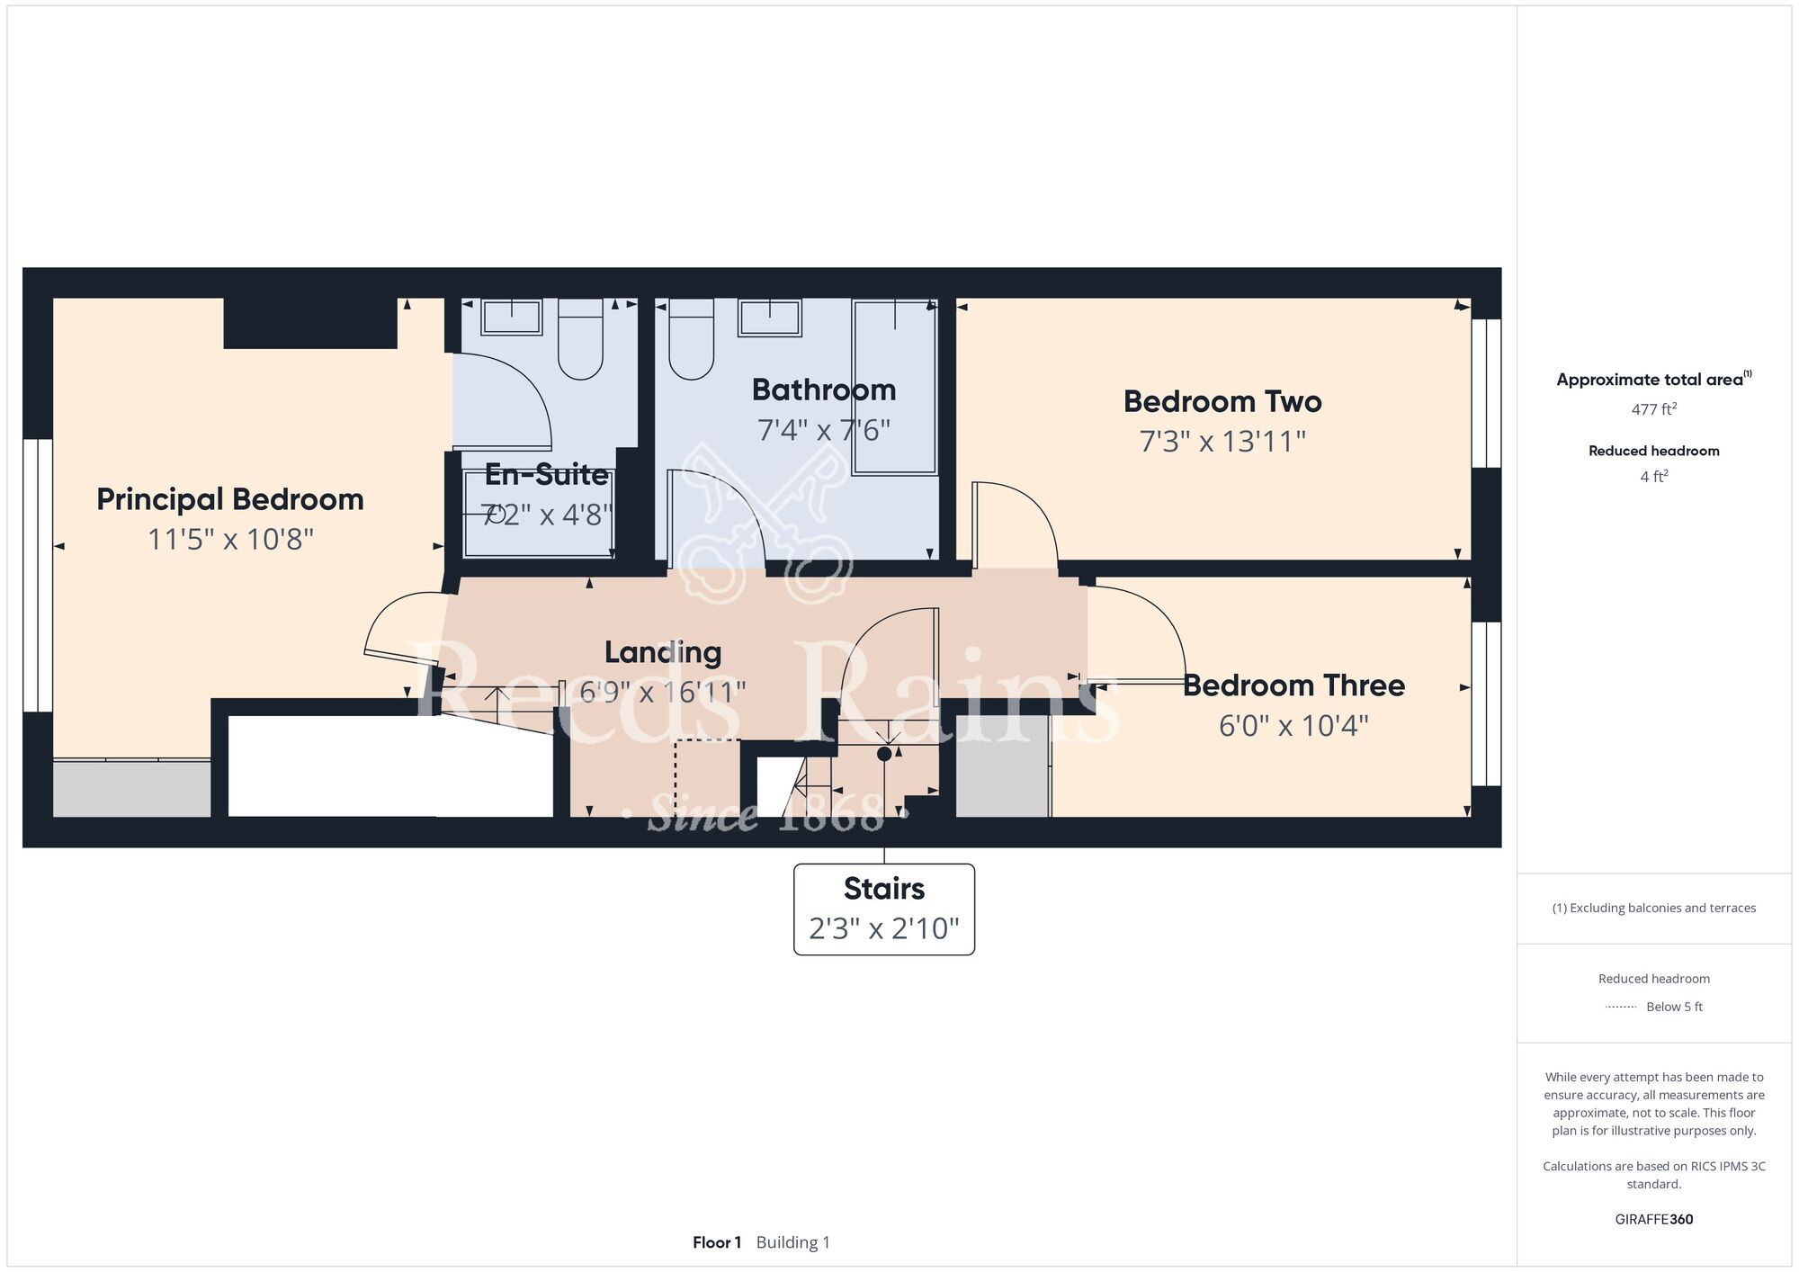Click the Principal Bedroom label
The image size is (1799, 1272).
[x=230, y=500]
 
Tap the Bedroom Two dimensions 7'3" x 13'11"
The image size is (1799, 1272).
[x=1222, y=442]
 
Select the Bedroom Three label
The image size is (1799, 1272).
[x=1293, y=685]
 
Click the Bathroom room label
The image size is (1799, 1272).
[x=824, y=390]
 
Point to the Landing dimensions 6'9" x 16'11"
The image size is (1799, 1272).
[x=663, y=693]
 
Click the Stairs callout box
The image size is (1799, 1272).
[x=884, y=909]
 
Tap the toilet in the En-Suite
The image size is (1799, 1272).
[x=580, y=339]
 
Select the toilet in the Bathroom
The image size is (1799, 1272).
[x=692, y=339]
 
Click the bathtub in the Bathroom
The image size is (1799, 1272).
[x=895, y=388]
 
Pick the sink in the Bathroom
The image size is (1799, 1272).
[x=770, y=318]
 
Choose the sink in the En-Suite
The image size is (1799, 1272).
[x=512, y=318]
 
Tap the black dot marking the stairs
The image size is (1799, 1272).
[x=884, y=754]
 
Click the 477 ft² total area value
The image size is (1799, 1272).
[x=1654, y=409]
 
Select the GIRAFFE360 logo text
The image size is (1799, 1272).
[x=1654, y=1220]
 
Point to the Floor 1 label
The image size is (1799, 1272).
[x=717, y=1242]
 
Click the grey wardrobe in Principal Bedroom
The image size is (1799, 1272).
[x=131, y=788]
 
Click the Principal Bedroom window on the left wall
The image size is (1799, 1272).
[x=38, y=576]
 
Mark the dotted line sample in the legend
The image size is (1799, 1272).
[x=1621, y=1007]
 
